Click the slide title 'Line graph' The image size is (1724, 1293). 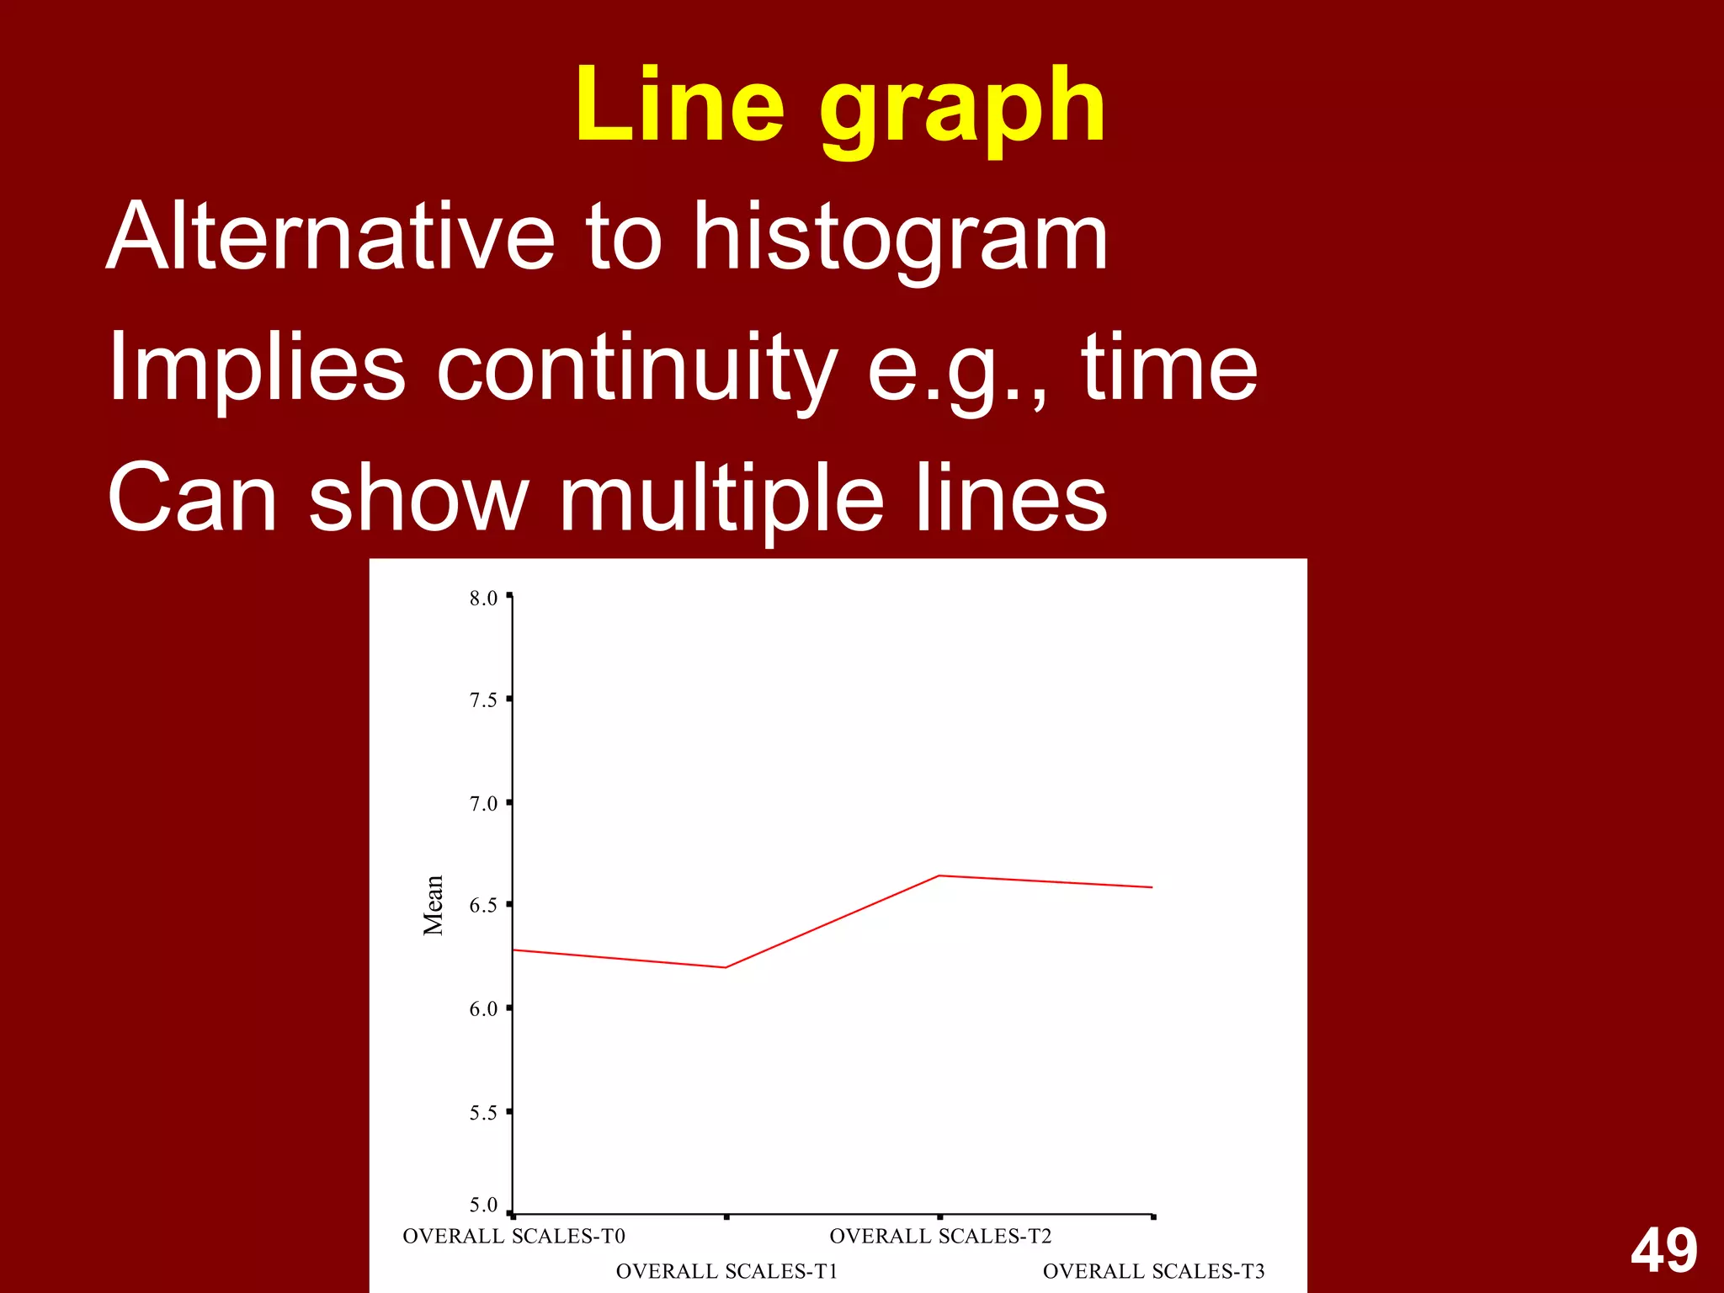coord(840,107)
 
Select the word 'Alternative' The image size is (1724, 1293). coord(331,237)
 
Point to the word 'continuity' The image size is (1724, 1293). coord(636,368)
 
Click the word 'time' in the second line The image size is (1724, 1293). coord(1169,368)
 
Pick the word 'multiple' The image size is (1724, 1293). coord(721,498)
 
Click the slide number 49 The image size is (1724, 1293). coord(1663,1250)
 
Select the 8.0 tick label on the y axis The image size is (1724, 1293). coord(483,599)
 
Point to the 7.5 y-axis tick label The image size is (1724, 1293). coord(483,700)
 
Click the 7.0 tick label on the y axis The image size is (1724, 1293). coord(483,804)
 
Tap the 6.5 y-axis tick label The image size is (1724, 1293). coord(483,906)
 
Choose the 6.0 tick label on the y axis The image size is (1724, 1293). coord(483,1009)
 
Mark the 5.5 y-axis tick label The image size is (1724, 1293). coord(483,1113)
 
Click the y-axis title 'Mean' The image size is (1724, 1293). coord(433,905)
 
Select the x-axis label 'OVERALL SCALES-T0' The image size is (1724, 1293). coord(513,1236)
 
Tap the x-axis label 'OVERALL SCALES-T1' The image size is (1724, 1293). coord(726,1271)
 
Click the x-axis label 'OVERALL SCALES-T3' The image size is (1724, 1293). coord(1153,1271)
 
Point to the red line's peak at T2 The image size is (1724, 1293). coord(939,876)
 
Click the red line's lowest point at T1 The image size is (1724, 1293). coord(726,967)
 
